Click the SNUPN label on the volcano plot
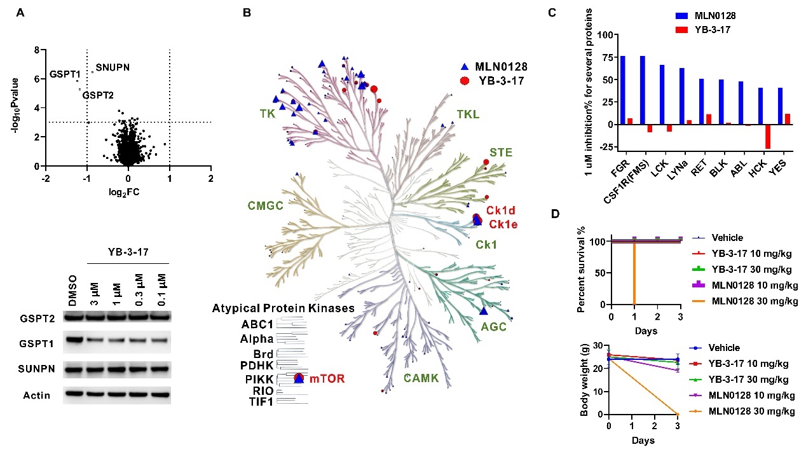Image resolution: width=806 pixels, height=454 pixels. point(113,67)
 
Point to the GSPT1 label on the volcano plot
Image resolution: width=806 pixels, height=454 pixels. point(64,74)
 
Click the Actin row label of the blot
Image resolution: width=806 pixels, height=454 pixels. point(37,396)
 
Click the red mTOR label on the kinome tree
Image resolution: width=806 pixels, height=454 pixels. point(327,379)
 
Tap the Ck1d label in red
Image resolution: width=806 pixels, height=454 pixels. point(501,210)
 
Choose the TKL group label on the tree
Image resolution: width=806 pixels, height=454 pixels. point(468,114)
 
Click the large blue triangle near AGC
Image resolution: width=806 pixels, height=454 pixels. point(483,311)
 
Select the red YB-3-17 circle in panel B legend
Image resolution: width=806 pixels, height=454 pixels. point(465,81)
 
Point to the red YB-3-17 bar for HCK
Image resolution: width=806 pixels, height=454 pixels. point(768,136)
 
